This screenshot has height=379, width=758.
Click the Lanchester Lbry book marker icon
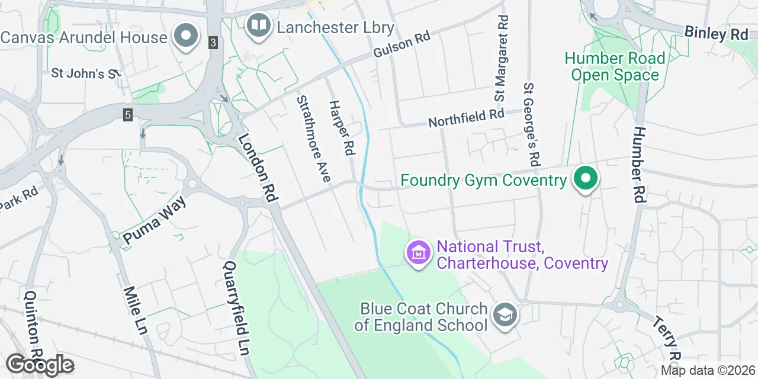pos(258,25)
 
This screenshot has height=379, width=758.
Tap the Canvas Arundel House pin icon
pos(187,36)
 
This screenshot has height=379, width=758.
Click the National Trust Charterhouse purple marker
pos(419,253)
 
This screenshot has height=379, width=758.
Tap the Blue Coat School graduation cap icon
pos(505,314)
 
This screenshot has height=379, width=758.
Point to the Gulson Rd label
pos(401,44)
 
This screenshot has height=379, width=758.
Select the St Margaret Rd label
pos(502,58)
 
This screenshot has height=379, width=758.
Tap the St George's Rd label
pos(532,124)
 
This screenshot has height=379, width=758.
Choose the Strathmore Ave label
pos(313,139)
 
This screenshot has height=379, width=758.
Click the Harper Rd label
pos(342,127)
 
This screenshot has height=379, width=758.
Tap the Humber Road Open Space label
pos(614,66)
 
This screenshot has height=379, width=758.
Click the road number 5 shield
pos(128,115)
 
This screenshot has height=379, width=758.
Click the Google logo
pos(40,365)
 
